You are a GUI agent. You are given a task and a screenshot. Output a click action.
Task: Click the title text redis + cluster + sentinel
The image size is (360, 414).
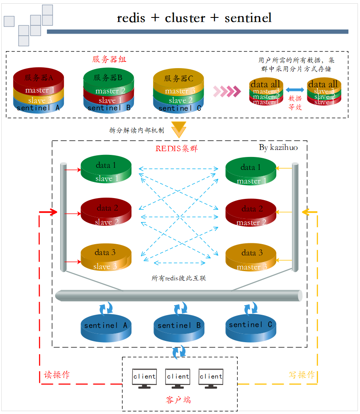coord(194,18)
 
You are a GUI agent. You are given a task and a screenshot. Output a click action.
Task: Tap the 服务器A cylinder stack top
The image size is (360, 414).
coord(39,77)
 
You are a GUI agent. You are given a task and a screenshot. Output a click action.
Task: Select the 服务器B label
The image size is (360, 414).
coord(108,77)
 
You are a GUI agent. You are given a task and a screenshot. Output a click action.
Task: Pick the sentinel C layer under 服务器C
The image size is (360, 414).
coord(180,108)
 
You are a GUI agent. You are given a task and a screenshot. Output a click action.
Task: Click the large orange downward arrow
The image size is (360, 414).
coord(179,129)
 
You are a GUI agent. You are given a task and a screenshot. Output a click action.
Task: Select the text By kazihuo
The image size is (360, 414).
coord(278,147)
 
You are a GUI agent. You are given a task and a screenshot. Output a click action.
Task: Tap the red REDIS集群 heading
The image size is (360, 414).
coord(176,148)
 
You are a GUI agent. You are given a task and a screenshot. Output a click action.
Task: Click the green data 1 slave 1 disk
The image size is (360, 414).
coord(106,170)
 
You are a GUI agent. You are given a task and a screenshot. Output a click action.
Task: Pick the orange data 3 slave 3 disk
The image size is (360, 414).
coord(106,258)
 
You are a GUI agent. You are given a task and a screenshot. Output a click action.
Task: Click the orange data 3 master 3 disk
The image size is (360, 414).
coord(251,258)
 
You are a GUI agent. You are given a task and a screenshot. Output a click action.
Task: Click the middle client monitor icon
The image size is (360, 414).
coord(178,378)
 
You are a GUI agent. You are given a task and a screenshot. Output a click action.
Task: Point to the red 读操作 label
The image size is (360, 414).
coord(57,375)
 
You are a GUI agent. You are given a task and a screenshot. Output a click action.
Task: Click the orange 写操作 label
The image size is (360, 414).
coord(302,375)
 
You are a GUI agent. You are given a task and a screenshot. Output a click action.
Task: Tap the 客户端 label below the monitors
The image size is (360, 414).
coord(178,400)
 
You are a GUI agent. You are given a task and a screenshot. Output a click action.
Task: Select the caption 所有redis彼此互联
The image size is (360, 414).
coord(179,278)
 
